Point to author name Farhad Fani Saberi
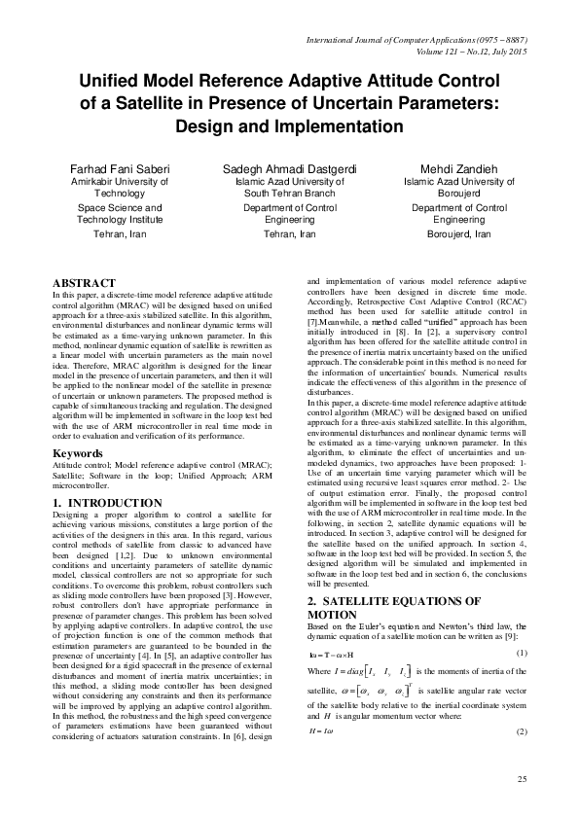coord(105,167)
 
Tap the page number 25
coord(521,779)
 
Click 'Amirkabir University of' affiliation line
coord(105,181)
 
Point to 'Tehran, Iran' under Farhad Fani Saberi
coord(105,234)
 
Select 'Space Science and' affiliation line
coord(105,207)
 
